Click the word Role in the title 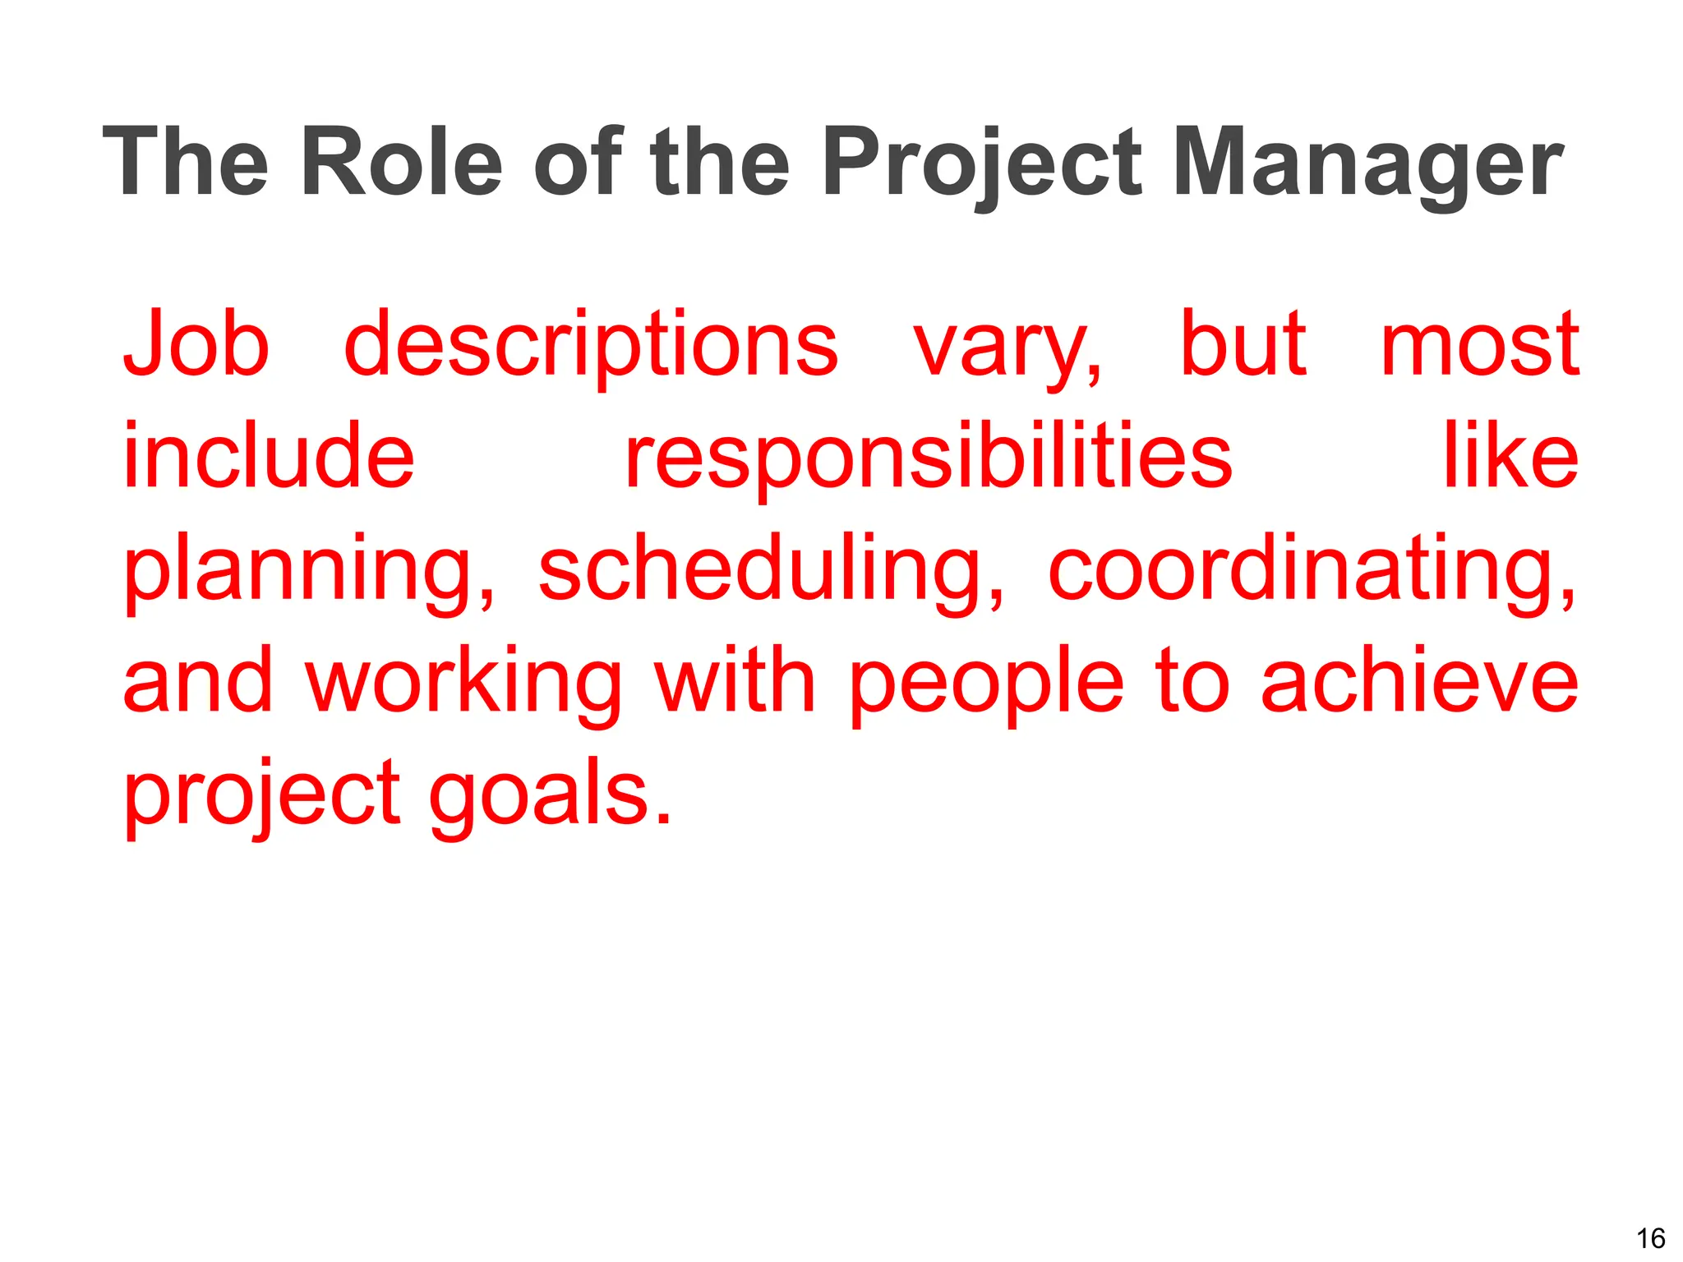click(401, 162)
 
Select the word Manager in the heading click(1367, 162)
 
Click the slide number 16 click(1650, 1237)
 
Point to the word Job click(196, 343)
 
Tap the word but click(1243, 343)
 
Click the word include click(269, 455)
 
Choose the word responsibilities click(929, 457)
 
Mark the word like click(1510, 455)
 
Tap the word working click(464, 682)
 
